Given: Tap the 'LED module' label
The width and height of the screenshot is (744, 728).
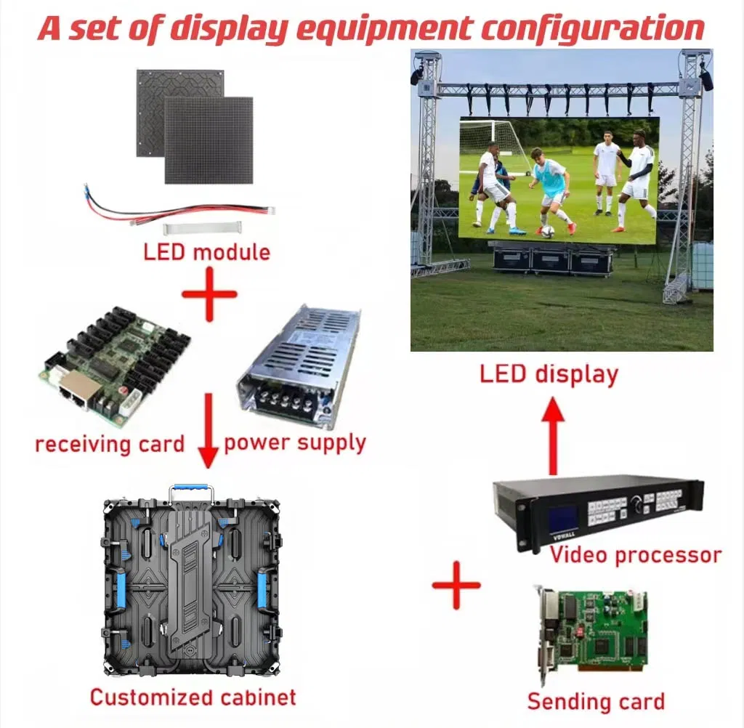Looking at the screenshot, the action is point(206,252).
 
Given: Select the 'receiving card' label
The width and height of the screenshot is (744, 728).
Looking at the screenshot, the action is point(110,443).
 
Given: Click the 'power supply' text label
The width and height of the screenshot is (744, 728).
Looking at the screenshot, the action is point(295,442).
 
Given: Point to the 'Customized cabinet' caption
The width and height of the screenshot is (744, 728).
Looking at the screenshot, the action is point(193,697).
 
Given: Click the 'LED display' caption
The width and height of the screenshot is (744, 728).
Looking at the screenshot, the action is point(549,374).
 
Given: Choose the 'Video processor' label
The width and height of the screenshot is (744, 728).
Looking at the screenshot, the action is point(635,555).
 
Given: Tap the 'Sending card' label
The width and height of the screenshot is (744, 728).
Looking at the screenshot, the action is point(596,701).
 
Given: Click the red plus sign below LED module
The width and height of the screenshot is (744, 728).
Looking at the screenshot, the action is point(209,294).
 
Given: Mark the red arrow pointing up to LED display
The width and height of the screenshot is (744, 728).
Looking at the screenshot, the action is point(554,436).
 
